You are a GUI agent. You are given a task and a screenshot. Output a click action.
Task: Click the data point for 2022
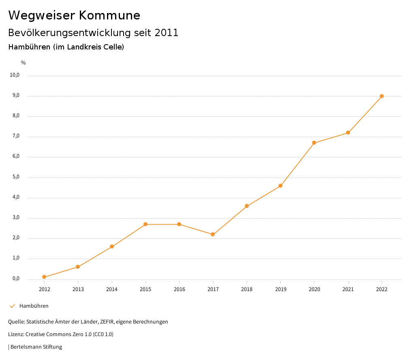click(x=382, y=96)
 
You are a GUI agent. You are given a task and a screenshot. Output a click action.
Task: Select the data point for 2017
click(x=213, y=234)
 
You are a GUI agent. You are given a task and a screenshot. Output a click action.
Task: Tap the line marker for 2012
click(x=44, y=277)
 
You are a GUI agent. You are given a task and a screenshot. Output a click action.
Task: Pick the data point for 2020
click(x=314, y=143)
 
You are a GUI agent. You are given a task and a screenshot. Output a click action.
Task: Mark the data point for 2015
click(x=145, y=224)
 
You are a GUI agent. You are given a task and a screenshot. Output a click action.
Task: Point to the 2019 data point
click(x=280, y=186)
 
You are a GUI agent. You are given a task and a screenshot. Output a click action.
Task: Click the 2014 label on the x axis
click(x=112, y=289)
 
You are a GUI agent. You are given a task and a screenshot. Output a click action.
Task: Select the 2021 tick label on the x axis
click(x=348, y=289)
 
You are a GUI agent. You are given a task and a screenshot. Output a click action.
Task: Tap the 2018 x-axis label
click(x=247, y=289)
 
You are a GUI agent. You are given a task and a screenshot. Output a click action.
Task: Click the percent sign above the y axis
click(x=24, y=63)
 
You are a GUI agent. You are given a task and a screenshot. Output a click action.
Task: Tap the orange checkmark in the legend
click(x=12, y=306)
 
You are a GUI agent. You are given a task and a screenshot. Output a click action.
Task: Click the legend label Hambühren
click(x=34, y=306)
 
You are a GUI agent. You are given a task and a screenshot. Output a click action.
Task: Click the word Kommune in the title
click(x=109, y=15)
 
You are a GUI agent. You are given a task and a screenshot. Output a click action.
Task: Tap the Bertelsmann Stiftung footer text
click(x=36, y=347)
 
